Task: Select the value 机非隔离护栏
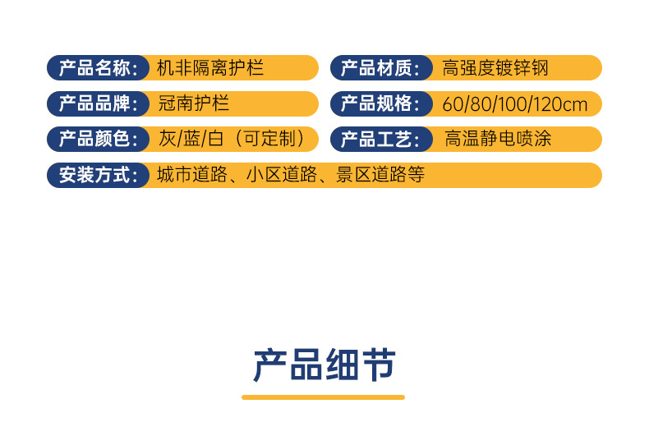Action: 210,67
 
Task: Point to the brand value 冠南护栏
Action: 193,103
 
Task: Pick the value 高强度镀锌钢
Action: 495,67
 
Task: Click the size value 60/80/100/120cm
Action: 515,104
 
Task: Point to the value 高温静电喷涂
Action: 498,139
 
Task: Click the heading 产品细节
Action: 324,365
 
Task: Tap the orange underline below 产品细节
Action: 324,397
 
